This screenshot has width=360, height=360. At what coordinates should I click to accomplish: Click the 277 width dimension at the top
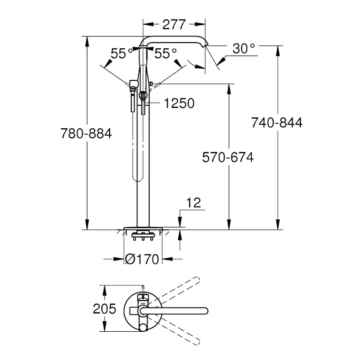point(174,24)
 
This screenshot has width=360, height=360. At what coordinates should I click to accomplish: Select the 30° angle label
point(243,48)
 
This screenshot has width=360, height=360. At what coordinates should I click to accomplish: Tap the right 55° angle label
point(166,53)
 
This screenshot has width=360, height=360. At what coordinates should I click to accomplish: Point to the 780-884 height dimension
point(86,133)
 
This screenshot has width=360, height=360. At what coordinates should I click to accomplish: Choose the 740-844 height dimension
point(277,123)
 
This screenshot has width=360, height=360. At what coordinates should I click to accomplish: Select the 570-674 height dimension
point(228,157)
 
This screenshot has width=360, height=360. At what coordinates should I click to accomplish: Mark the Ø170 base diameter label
point(142,259)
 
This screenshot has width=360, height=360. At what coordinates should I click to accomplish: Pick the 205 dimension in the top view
point(104,309)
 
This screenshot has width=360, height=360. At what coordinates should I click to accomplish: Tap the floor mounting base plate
point(143,228)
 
